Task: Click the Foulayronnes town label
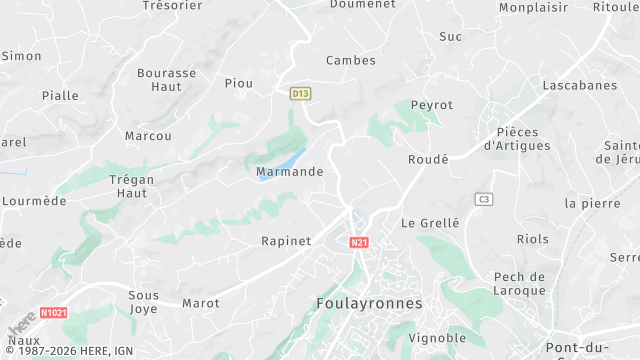point(369,303)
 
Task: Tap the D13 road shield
point(300,93)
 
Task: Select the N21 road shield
point(360,242)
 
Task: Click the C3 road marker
point(484,199)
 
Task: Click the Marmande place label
point(290,172)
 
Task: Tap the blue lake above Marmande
point(289,159)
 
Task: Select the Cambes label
point(350,60)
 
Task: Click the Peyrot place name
point(431,105)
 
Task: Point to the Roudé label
point(428,159)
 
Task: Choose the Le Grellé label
point(430,223)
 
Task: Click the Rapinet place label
point(286,241)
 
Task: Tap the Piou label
point(239,83)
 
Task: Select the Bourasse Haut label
point(166,80)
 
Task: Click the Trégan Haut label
point(132,186)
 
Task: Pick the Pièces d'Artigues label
point(516,139)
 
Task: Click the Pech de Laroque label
point(519,283)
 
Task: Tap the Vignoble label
point(437,338)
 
